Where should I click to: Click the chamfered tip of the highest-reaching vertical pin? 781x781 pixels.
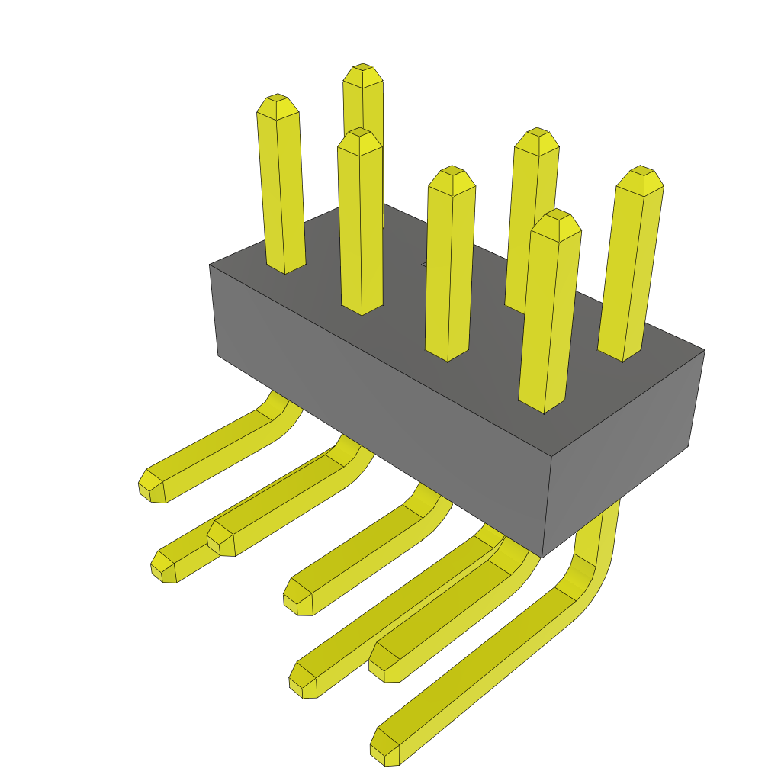(x=362, y=76)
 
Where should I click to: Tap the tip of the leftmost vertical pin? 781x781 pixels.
(x=276, y=106)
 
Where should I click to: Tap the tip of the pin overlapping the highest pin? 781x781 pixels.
(x=359, y=141)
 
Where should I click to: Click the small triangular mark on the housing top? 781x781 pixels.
(x=425, y=265)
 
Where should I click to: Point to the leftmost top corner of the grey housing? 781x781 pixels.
(x=210, y=265)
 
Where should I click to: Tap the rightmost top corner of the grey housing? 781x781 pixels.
(x=704, y=351)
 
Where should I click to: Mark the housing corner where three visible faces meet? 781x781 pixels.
(x=551, y=458)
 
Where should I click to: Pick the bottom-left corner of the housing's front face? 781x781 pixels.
(x=218, y=355)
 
